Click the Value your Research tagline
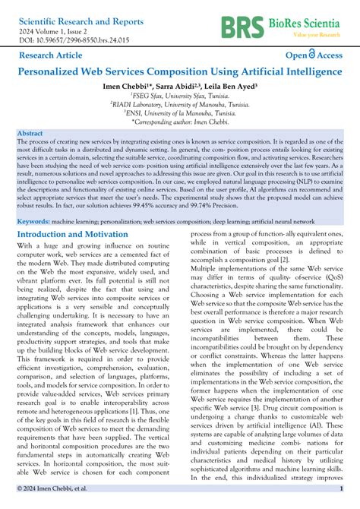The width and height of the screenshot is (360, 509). [315, 36]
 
